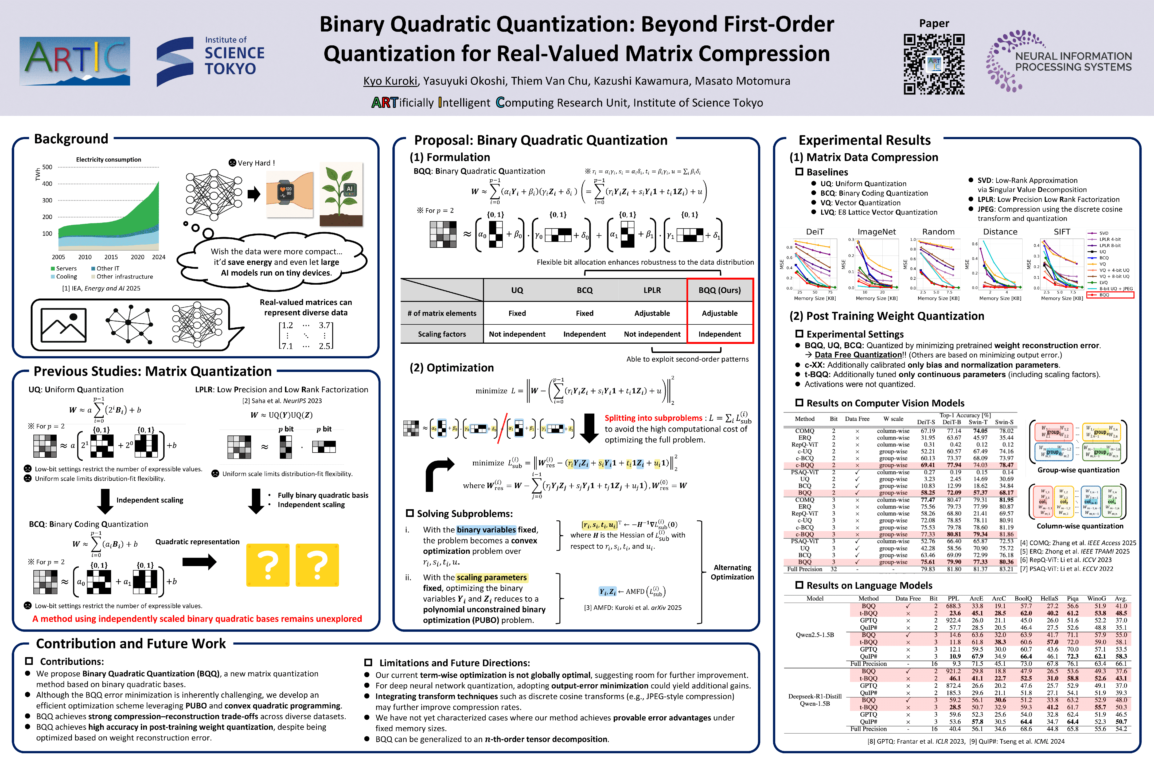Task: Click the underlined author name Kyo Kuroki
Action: click(390, 81)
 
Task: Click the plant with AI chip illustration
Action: click(341, 194)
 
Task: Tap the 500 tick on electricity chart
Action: click(47, 167)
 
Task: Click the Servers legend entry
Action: click(64, 268)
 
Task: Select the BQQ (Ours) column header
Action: click(719, 290)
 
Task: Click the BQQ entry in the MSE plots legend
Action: click(1104, 295)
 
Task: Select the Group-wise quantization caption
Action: click(1078, 470)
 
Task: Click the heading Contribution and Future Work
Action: click(131, 644)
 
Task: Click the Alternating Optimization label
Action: click(732, 572)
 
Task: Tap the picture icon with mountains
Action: click(64, 325)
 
